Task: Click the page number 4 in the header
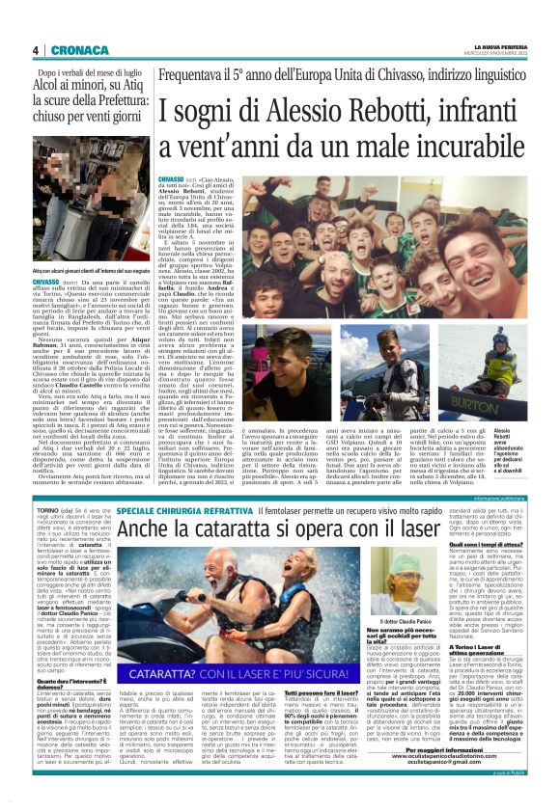coord(35,50)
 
